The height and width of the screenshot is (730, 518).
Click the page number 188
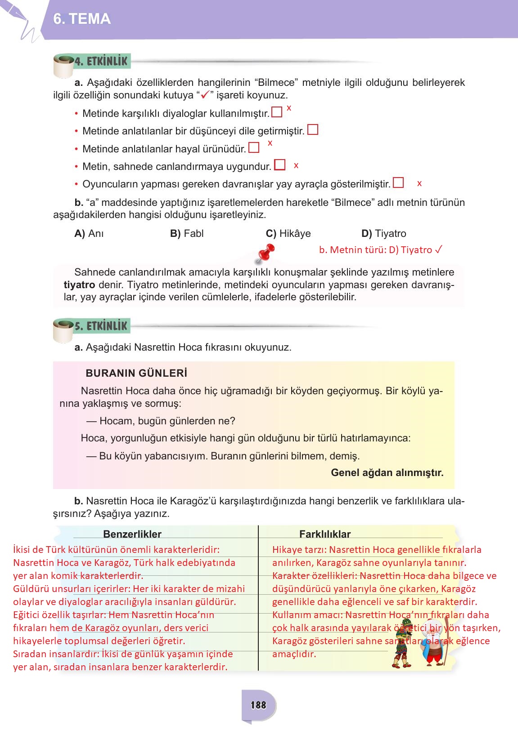[258, 705]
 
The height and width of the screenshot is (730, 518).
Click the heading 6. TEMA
[82, 19]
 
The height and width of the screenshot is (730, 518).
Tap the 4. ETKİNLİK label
[101, 61]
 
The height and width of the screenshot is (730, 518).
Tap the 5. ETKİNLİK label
[101, 326]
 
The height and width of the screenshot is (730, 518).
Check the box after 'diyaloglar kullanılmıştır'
[277, 112]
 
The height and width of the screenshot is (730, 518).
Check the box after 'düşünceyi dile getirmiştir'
[313, 130]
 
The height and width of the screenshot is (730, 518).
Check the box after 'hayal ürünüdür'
[254, 147]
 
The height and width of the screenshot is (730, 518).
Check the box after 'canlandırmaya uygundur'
[280, 165]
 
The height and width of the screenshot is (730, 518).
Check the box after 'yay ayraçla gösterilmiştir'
[398, 183]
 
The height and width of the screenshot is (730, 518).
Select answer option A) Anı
[89, 233]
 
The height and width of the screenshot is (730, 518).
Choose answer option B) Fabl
[187, 233]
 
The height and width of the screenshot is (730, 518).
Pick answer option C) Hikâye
[288, 233]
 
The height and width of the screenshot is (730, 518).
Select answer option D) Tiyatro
[383, 233]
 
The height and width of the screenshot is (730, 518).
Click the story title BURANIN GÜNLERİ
[136, 373]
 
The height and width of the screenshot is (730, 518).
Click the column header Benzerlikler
[132, 534]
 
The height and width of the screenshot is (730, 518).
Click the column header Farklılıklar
[324, 534]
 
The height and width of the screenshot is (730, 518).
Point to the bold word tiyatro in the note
[79, 285]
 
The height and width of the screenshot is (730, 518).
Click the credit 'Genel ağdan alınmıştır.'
[387, 472]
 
